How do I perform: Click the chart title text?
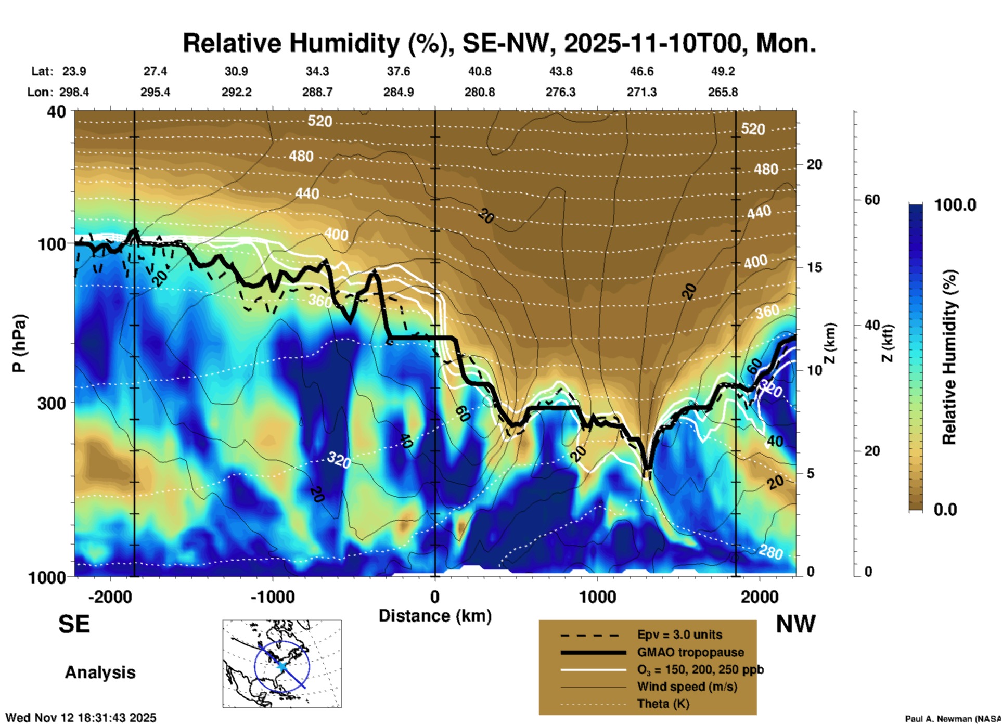click(x=499, y=43)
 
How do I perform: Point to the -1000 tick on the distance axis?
click(x=272, y=597)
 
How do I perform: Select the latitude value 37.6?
click(x=398, y=71)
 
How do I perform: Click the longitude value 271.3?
click(x=641, y=92)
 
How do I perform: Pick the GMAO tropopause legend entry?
click(x=690, y=652)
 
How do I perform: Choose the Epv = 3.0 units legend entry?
click(x=679, y=635)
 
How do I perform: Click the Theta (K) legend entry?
click(x=663, y=704)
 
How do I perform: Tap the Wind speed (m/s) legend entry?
click(x=687, y=687)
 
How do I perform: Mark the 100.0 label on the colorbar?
click(x=955, y=205)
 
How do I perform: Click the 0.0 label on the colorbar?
click(x=945, y=509)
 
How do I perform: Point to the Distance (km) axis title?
click(x=435, y=616)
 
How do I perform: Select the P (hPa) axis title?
click(x=19, y=343)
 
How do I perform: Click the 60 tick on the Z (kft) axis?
click(x=872, y=200)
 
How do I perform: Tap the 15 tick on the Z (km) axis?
click(x=814, y=267)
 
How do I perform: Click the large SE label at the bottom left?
click(x=74, y=624)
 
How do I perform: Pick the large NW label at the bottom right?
click(x=795, y=624)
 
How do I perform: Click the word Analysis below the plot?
click(x=100, y=672)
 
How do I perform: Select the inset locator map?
click(x=282, y=663)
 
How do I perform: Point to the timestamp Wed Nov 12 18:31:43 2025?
click(x=81, y=718)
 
